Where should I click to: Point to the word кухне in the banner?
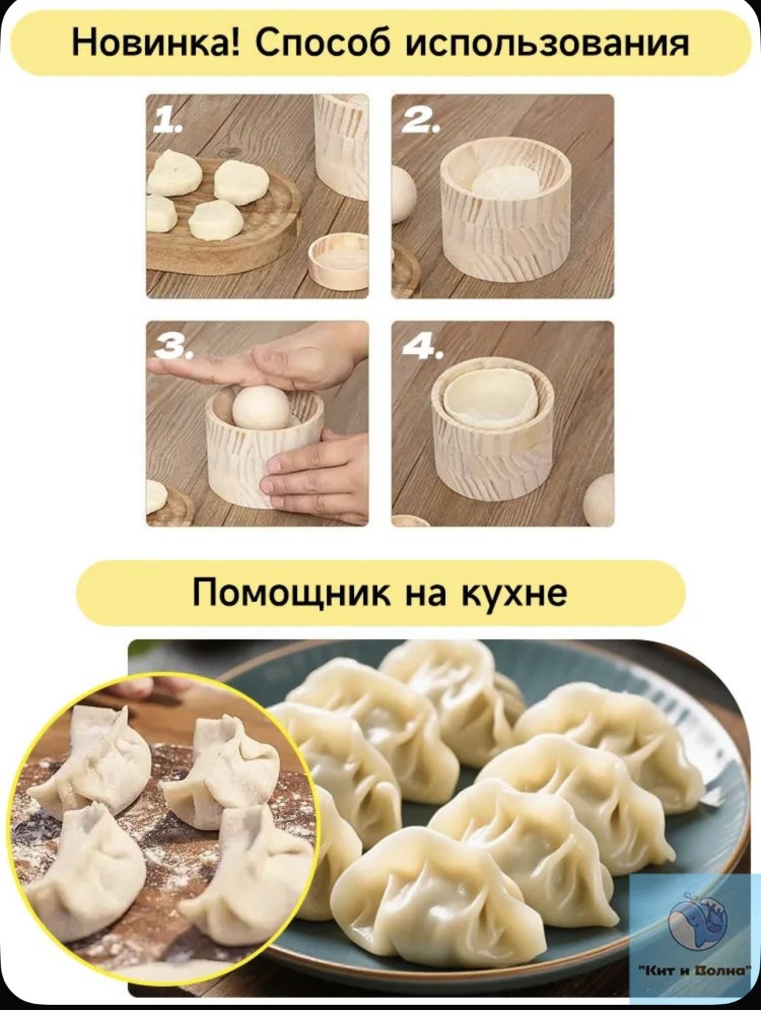click(x=514, y=593)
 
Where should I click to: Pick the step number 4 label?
click(x=422, y=348)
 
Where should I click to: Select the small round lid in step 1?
click(x=339, y=262)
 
